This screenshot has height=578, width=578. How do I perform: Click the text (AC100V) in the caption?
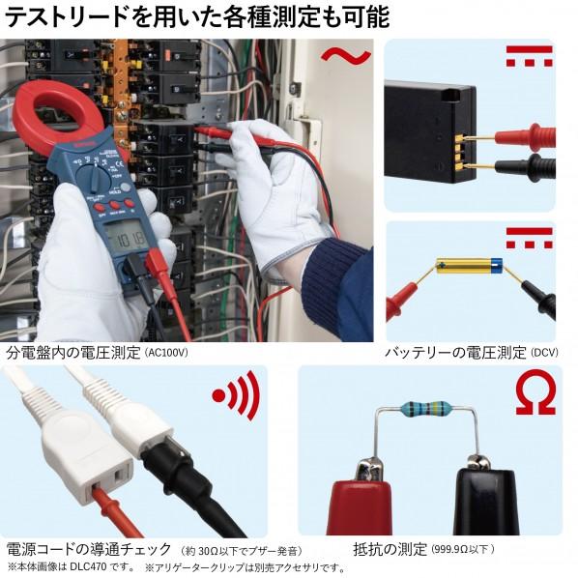165,353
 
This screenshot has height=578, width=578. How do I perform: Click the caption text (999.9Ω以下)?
462,549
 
